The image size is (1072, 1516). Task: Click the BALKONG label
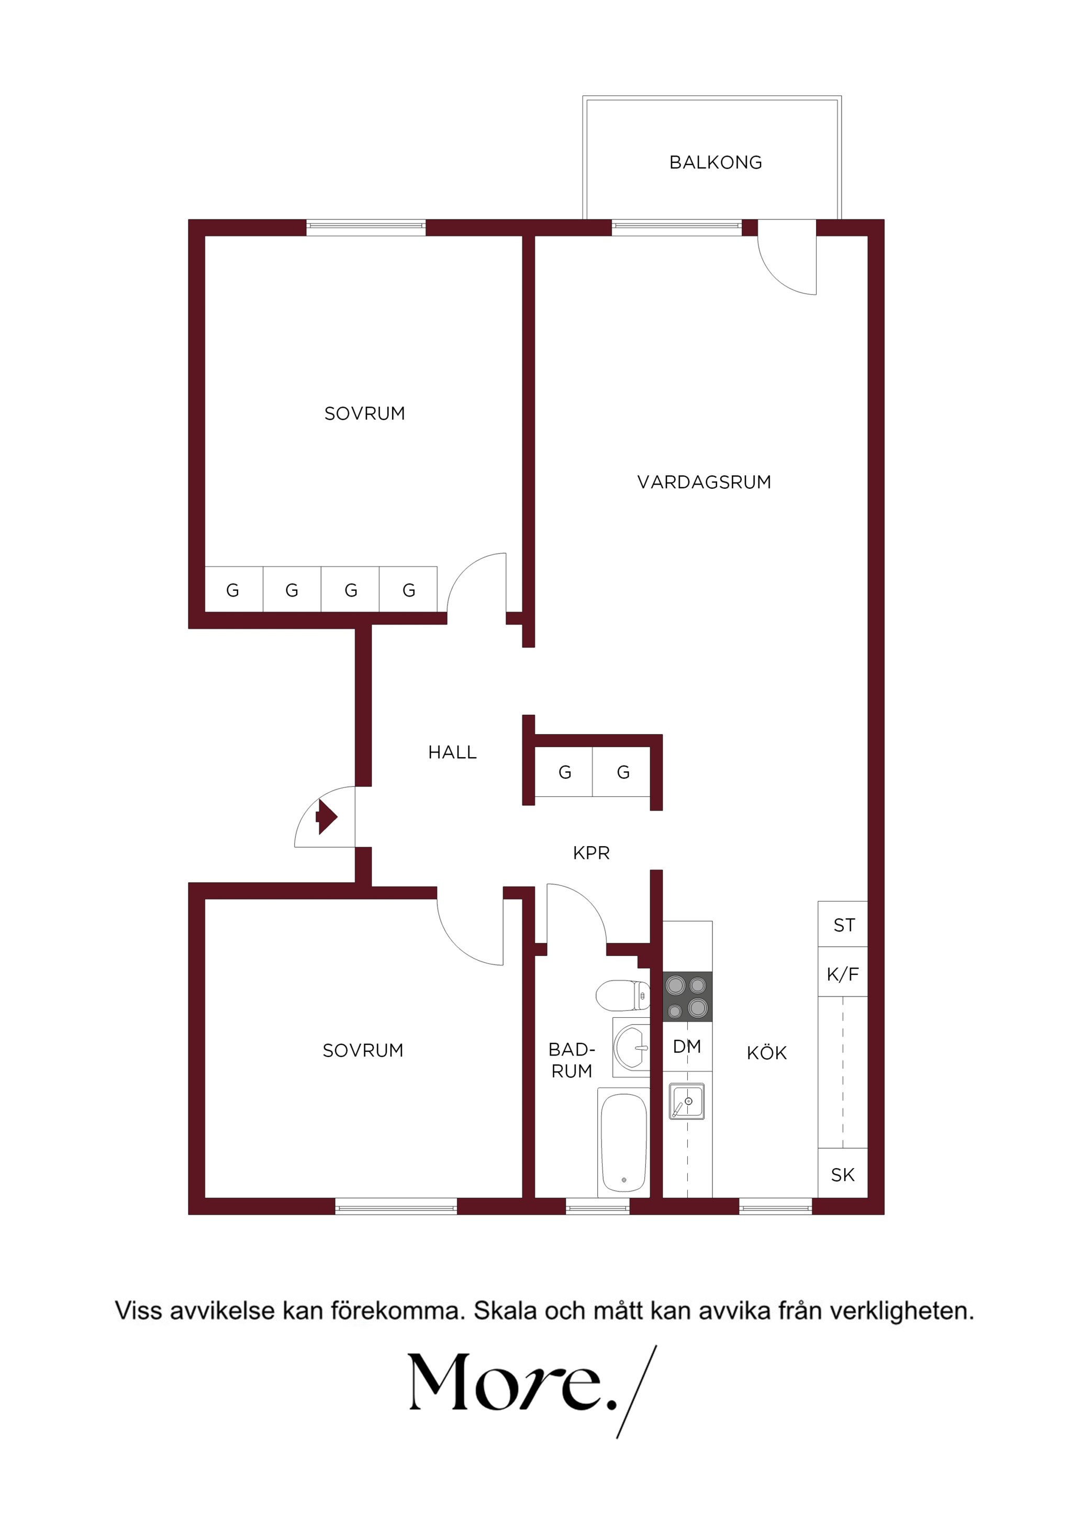716,162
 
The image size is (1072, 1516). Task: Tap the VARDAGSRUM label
704,482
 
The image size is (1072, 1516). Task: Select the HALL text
452,752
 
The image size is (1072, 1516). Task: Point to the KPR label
591,853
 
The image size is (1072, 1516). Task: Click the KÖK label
767,1052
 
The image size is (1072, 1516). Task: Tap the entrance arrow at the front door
326,817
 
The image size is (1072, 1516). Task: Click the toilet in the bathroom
623,995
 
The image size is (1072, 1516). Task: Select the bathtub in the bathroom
623,1143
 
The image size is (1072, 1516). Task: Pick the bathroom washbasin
631,1047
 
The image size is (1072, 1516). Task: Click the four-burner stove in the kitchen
688,996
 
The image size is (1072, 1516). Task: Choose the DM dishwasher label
687,1047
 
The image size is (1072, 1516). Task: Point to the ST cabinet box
843,924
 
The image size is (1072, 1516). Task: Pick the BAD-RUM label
572,1060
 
